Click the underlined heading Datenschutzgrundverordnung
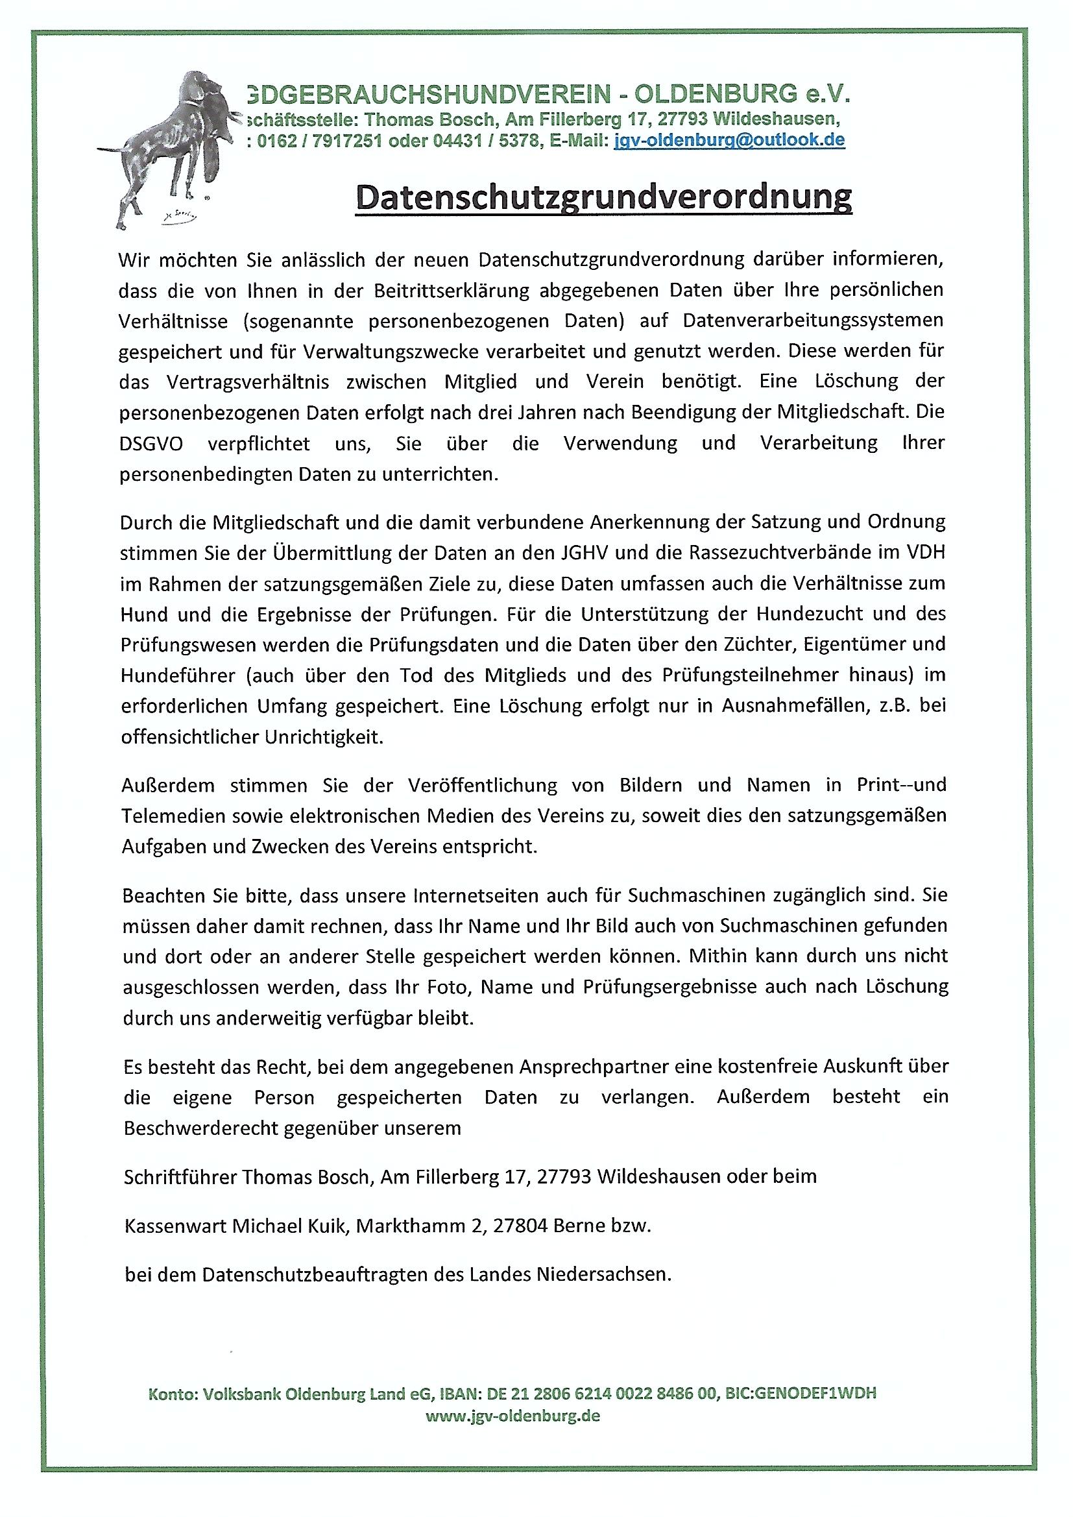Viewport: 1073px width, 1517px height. coord(603,197)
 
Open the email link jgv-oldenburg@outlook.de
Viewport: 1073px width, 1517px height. coord(729,140)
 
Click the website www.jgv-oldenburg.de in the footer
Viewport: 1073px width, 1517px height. coord(512,1416)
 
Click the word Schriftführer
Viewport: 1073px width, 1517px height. coord(180,1177)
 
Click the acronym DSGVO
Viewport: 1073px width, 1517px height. coord(151,443)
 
